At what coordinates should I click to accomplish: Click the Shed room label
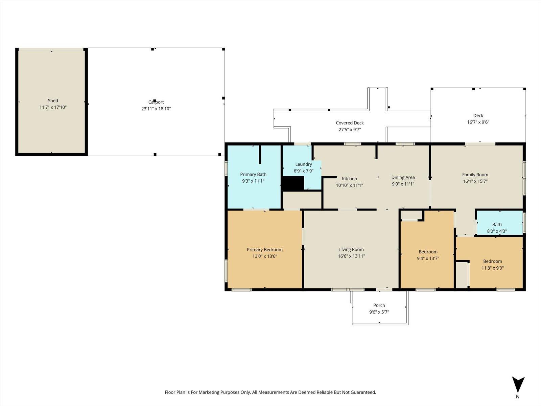point(53,100)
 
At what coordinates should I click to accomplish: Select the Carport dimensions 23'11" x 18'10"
point(156,109)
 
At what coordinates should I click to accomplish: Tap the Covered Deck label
point(350,123)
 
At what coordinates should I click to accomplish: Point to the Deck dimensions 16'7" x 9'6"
point(478,122)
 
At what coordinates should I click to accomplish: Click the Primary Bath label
point(253,174)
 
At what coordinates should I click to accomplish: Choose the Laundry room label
point(303,164)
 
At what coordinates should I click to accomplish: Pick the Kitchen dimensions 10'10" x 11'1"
point(349,185)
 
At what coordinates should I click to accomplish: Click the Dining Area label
point(403,177)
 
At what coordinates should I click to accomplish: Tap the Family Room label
point(475,175)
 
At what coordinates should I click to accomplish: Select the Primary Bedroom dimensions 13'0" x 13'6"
point(264,256)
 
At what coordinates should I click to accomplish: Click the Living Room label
point(351,249)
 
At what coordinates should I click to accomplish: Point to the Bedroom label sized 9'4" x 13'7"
point(428,252)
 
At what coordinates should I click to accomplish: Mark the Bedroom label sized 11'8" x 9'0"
point(492,261)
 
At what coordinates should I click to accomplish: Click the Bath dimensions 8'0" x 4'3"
point(497,231)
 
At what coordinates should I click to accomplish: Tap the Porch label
point(379,305)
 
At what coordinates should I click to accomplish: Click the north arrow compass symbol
point(518,385)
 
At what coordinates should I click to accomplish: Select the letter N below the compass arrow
point(518,397)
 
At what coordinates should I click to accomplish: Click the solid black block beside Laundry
point(293,183)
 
